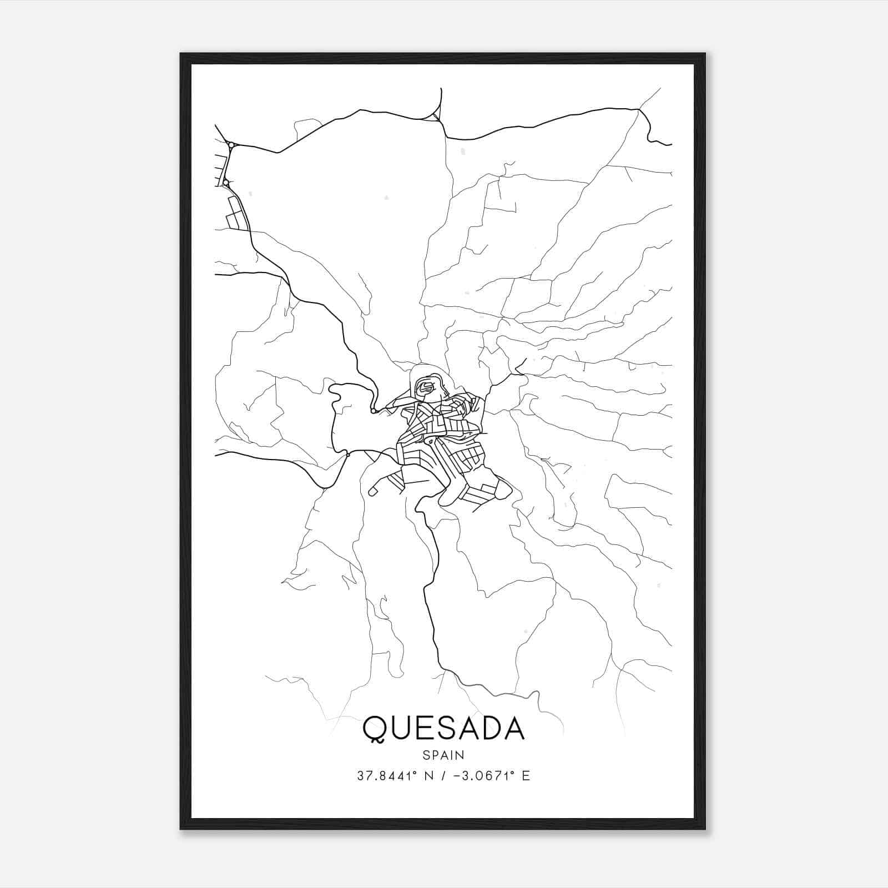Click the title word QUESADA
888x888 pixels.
[x=443, y=728]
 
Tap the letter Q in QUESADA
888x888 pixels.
[x=375, y=729]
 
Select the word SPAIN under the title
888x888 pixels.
[x=443, y=755]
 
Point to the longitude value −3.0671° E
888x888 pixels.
[x=491, y=776]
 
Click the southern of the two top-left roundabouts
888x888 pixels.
[x=226, y=182]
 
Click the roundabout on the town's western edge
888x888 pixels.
[x=374, y=411]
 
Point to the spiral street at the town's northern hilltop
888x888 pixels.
[x=426, y=386]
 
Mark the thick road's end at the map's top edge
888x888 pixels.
[x=441, y=89]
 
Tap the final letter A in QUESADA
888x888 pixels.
[x=514, y=728]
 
